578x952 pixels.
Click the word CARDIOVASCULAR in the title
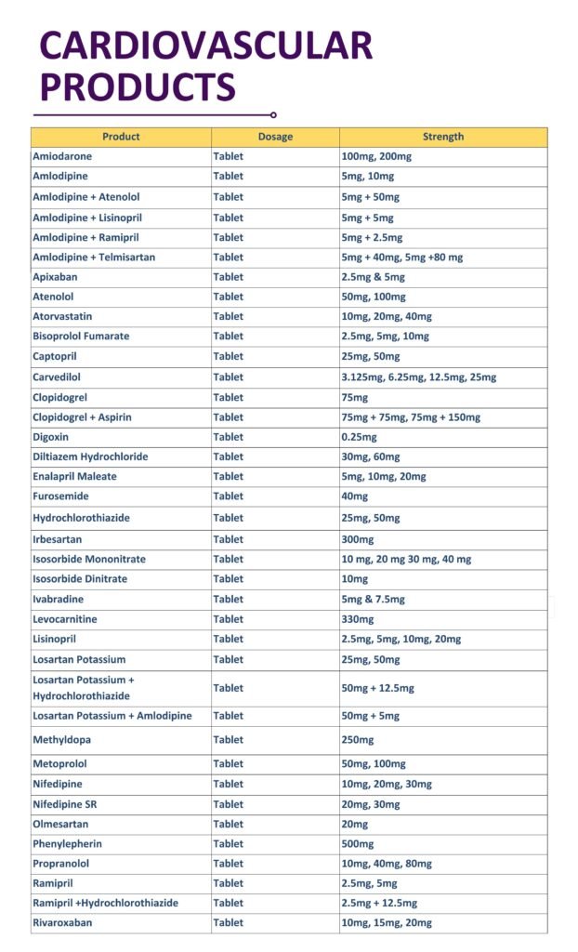pyautogui.click(x=205, y=46)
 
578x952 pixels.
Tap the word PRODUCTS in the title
pyautogui.click(x=138, y=88)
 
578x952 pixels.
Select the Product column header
pyautogui.click(x=121, y=137)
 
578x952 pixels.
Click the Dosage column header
pyautogui.click(x=275, y=137)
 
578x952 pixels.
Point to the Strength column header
pyautogui.click(x=443, y=137)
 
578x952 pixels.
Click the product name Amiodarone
pyautogui.click(x=62, y=156)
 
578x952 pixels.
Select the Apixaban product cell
pyautogui.click(x=57, y=277)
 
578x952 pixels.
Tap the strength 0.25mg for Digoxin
pyautogui.click(x=360, y=437)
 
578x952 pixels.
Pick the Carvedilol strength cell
pyautogui.click(x=419, y=377)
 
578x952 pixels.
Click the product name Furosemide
pyautogui.click(x=60, y=496)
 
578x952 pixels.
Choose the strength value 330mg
pyautogui.click(x=358, y=619)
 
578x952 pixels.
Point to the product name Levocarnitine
pyautogui.click(x=65, y=619)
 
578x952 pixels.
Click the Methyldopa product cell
pyautogui.click(x=62, y=740)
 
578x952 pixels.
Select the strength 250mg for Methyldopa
pyautogui.click(x=358, y=740)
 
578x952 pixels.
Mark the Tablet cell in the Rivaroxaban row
pyautogui.click(x=229, y=923)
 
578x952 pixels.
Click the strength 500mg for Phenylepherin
pyautogui.click(x=358, y=844)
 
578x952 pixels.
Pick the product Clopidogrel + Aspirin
pyautogui.click(x=83, y=417)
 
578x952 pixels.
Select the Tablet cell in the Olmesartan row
pyautogui.click(x=229, y=825)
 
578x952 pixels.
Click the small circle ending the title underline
pyautogui.click(x=273, y=115)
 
